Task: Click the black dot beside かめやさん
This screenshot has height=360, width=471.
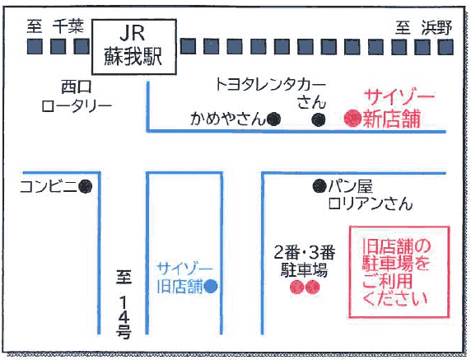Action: click(x=273, y=119)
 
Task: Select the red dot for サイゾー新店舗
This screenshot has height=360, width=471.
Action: click(x=352, y=119)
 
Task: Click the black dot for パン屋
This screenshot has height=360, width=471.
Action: click(x=319, y=186)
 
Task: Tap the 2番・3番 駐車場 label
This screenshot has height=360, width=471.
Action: click(x=305, y=259)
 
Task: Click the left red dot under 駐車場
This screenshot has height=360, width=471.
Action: click(x=296, y=287)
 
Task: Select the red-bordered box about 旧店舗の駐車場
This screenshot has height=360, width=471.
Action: click(x=397, y=272)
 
